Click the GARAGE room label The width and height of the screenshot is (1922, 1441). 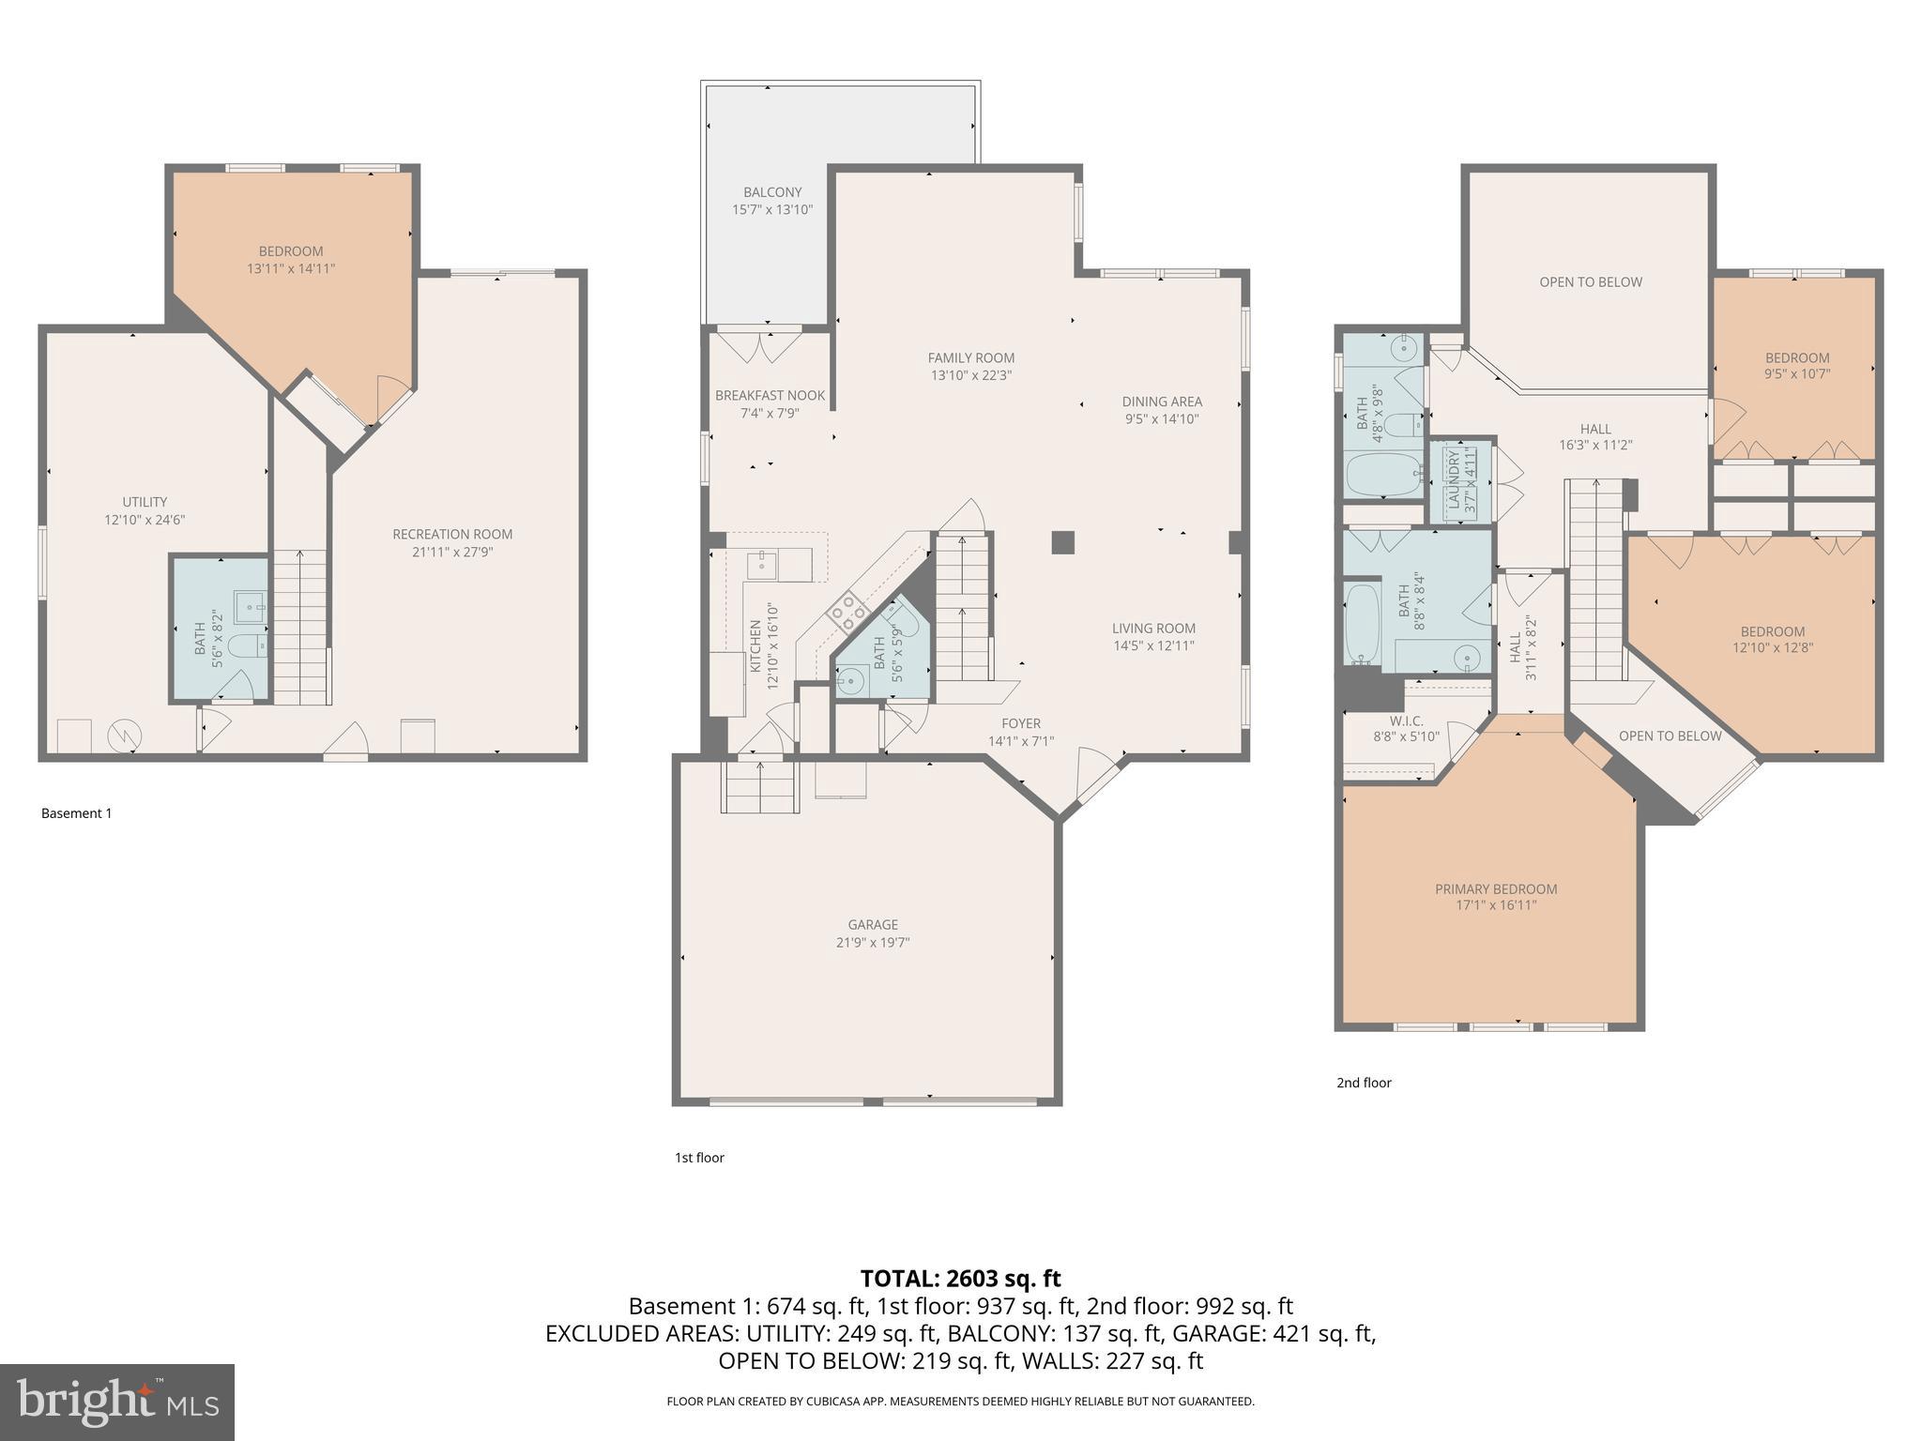[x=873, y=925]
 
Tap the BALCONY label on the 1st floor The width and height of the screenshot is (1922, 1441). [x=772, y=192]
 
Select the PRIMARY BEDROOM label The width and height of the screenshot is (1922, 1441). [x=1495, y=889]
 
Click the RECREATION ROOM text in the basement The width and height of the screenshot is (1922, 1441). [x=452, y=535]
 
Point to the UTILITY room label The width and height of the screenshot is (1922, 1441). [x=145, y=502]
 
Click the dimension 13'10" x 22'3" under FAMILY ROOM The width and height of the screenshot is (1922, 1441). [x=970, y=375]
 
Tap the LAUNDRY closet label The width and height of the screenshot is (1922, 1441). [x=1454, y=479]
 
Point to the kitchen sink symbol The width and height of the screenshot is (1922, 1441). [x=760, y=565]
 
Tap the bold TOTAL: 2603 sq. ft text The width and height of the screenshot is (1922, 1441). [x=960, y=1279]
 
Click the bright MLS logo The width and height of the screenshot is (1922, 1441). [x=117, y=1402]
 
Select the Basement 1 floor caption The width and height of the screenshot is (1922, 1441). [x=76, y=813]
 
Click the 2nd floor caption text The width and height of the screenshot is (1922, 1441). [x=1364, y=1083]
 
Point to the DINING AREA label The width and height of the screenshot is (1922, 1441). [x=1162, y=402]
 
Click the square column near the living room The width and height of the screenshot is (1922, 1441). [x=1062, y=542]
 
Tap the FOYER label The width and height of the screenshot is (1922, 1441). [x=1021, y=723]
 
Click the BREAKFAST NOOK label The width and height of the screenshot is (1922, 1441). [x=770, y=396]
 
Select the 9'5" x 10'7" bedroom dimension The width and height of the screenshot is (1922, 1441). [x=1797, y=374]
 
